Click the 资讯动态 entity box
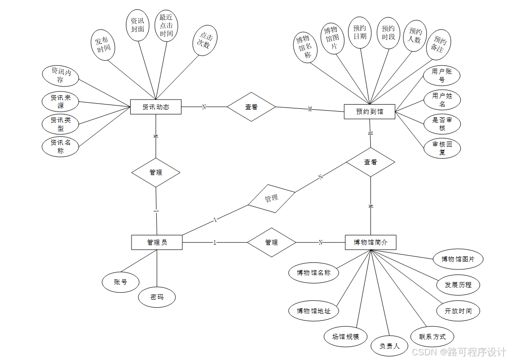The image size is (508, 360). click(x=155, y=107)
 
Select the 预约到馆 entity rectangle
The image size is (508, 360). click(x=369, y=112)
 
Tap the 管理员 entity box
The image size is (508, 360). click(x=157, y=242)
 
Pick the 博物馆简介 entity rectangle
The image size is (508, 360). click(x=370, y=242)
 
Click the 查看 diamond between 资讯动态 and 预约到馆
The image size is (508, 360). click(x=251, y=107)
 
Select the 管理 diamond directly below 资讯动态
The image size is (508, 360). click(x=156, y=172)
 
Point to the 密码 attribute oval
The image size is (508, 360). click(x=157, y=297)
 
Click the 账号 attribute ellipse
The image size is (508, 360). click(x=120, y=282)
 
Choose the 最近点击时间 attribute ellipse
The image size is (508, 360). click(x=166, y=26)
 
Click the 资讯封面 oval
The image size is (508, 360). click(x=138, y=25)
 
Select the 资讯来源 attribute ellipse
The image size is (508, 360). click(x=61, y=102)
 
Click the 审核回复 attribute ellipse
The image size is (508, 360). click(x=442, y=148)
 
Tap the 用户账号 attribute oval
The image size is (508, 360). click(x=442, y=75)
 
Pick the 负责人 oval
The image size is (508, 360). click(x=390, y=346)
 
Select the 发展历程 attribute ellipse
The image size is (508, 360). click(x=458, y=285)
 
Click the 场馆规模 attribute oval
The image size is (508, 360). click(x=346, y=336)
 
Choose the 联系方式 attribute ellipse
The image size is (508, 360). click(x=432, y=336)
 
